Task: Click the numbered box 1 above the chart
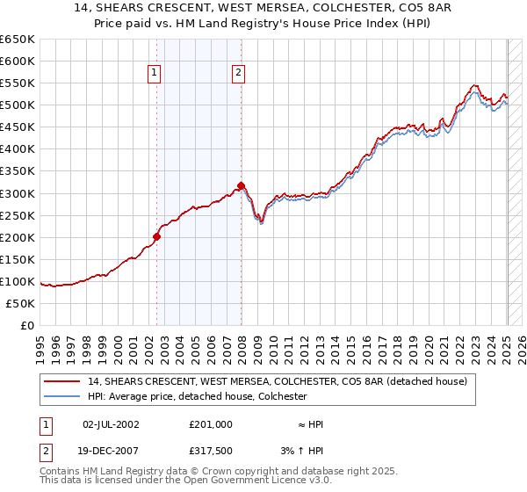click(x=155, y=75)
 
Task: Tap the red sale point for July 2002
click(x=157, y=236)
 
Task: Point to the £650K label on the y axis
click(x=18, y=40)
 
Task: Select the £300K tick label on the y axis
click(x=18, y=193)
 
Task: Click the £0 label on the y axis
click(x=28, y=325)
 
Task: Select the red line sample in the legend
click(x=61, y=381)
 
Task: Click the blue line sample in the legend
click(x=61, y=396)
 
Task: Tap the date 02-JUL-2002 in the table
click(x=111, y=423)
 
